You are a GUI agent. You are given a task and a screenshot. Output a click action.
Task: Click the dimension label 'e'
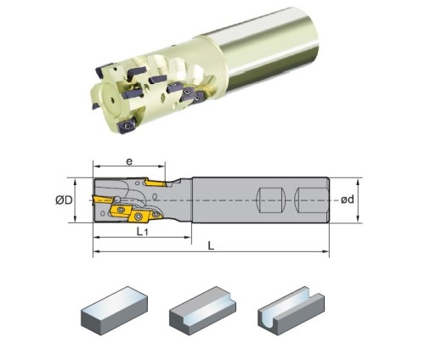point(129,161)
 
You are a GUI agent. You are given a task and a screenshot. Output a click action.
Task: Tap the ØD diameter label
point(64,200)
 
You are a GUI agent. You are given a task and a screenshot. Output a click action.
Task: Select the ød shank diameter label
point(347,200)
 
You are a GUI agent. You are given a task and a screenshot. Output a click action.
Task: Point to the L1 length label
point(142,232)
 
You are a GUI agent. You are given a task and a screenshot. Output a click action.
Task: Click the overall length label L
point(211,245)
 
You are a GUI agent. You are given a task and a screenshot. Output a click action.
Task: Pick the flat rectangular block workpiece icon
point(114,311)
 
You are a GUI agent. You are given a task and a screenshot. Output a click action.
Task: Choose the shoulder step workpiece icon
point(202,311)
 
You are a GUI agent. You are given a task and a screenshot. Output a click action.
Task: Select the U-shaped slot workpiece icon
point(292,311)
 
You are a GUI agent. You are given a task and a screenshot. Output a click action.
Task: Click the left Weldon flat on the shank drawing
point(269,200)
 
